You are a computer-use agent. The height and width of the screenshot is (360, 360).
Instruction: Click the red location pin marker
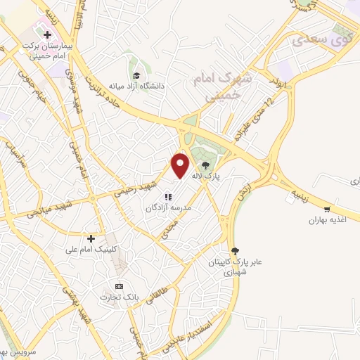181,165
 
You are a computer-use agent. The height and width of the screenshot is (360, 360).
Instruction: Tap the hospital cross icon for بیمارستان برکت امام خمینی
46,34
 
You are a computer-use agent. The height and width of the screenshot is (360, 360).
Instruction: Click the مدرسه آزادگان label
168,209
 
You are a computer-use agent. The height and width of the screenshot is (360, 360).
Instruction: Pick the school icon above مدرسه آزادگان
168,198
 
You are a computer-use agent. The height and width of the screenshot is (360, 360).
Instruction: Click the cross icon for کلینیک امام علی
91,238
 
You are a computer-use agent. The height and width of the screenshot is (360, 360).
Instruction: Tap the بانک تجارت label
120,298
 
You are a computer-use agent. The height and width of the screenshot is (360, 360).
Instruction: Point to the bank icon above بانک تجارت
119,286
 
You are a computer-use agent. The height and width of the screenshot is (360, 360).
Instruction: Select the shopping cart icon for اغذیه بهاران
327,210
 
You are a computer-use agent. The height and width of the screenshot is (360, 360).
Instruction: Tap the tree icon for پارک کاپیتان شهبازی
236,250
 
